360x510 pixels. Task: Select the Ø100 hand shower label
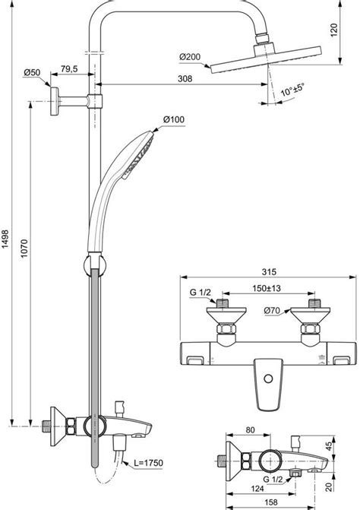(x=173, y=119)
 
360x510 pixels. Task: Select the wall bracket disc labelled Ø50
(x=57, y=100)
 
